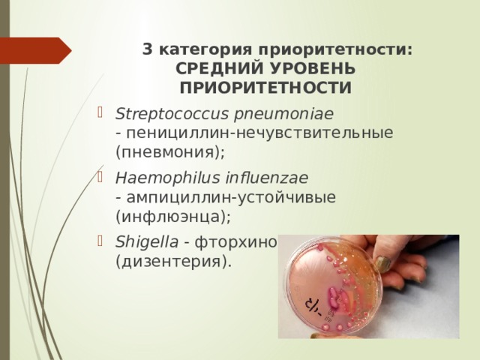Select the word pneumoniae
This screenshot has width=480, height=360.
pos(243,114)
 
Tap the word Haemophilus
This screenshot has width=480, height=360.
pos(153,178)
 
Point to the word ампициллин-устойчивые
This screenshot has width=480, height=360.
pos(230,197)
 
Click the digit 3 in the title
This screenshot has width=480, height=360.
pos(147,49)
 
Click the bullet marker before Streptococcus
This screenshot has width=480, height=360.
pos(103,114)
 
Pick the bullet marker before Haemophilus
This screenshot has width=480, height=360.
pos(103,178)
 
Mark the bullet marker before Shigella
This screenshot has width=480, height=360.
pos(103,243)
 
